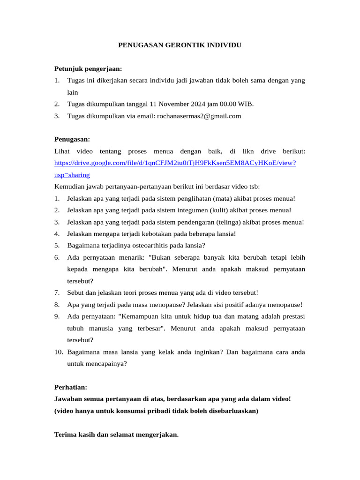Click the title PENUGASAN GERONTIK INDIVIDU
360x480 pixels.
pos(180,45)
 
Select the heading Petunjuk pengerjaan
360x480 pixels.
pos(88,69)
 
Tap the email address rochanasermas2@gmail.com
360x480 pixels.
pos(199,116)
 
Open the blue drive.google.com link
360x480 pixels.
pos(175,163)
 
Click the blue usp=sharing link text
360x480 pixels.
pos(72,175)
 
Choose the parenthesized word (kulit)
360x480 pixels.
pos(219,210)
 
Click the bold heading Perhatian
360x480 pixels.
pos(71,387)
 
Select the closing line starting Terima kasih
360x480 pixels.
pos(116,435)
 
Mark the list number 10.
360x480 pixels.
pos(59,352)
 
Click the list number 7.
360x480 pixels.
pos(57,292)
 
